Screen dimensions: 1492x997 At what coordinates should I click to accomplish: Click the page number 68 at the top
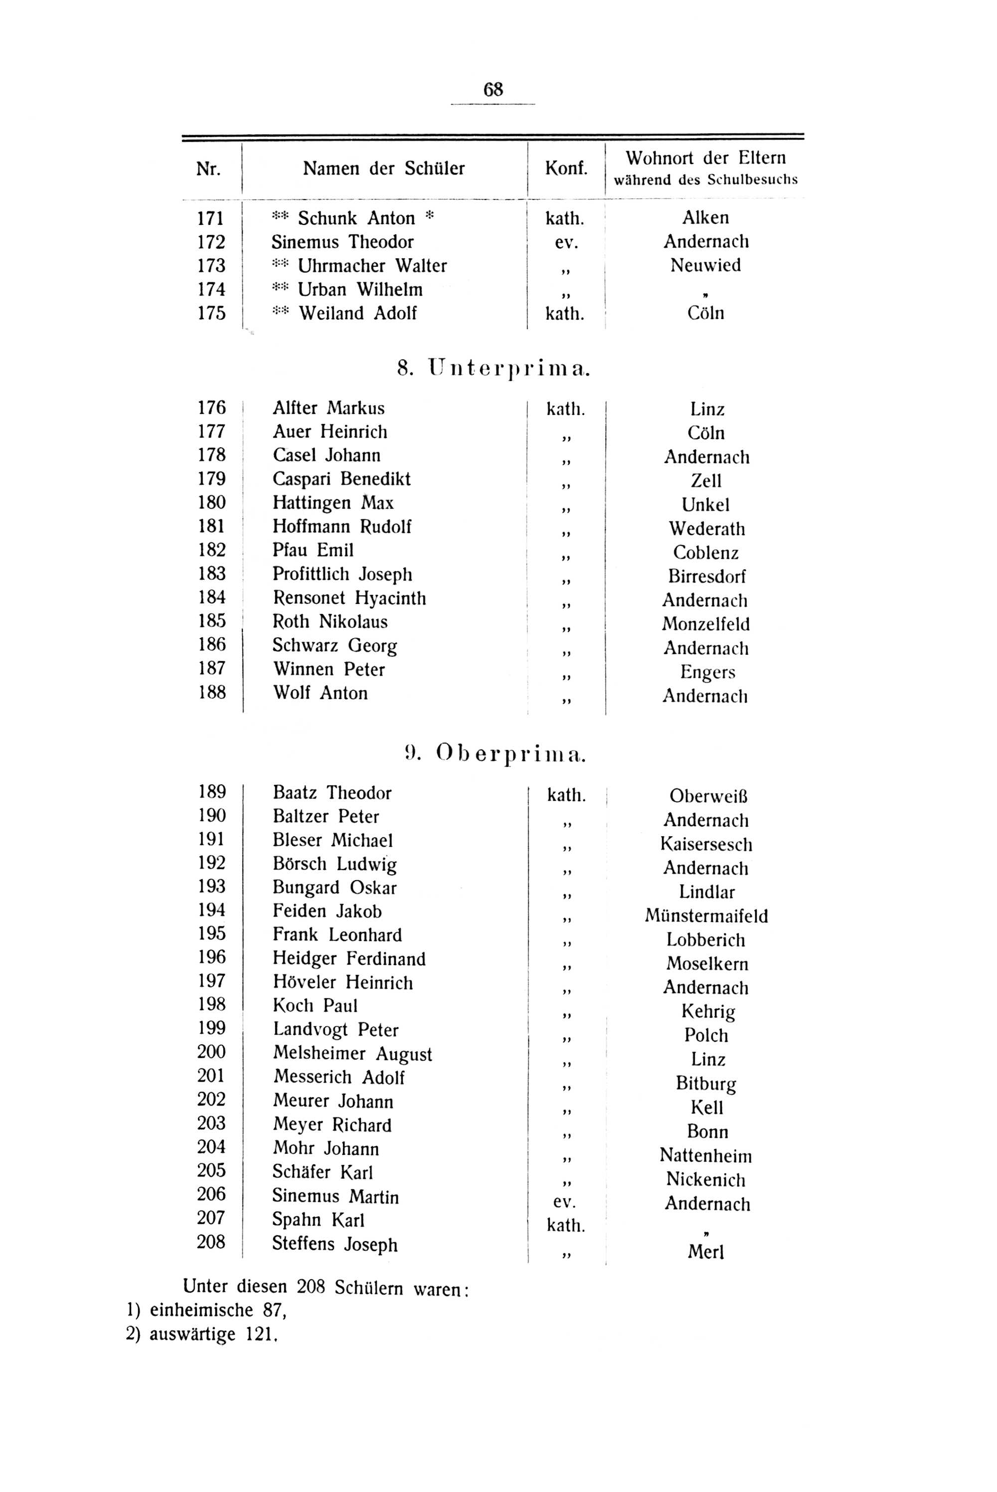tap(493, 89)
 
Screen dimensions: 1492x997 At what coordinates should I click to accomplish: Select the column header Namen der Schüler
tap(383, 169)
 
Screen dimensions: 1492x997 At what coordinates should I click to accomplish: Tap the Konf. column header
tap(566, 169)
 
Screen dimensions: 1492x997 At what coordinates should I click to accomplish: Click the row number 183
tap(212, 573)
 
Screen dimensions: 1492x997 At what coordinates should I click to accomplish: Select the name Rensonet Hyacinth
tap(349, 598)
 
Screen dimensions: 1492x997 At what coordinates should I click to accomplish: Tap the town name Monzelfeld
tap(706, 624)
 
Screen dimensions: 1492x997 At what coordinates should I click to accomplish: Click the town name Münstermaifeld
tap(706, 916)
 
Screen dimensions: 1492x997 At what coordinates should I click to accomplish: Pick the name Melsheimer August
tap(352, 1054)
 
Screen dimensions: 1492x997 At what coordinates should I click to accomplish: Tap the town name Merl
tap(706, 1252)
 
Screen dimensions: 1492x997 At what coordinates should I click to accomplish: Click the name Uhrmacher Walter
tap(372, 266)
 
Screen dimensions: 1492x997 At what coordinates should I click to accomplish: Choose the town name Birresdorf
tap(706, 576)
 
